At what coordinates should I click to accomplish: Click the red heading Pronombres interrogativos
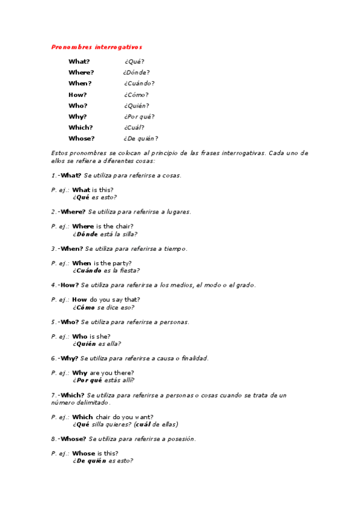point(97,46)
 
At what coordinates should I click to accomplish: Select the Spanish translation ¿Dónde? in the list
point(132,73)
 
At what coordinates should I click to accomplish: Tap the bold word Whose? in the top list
point(81,138)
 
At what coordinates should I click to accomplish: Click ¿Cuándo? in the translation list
point(139,84)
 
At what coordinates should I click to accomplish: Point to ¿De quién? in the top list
point(141,138)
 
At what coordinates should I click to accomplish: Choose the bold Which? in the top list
point(81,127)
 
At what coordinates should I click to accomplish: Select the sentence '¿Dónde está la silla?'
point(105,234)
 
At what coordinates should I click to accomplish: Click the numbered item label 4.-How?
point(65,285)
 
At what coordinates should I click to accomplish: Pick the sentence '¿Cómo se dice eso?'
point(103,307)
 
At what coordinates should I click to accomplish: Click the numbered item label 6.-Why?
point(65,358)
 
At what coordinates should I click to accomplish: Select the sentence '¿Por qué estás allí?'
point(103,380)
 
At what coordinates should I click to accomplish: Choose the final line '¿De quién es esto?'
point(103,461)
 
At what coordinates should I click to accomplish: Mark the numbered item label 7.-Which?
point(68,395)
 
